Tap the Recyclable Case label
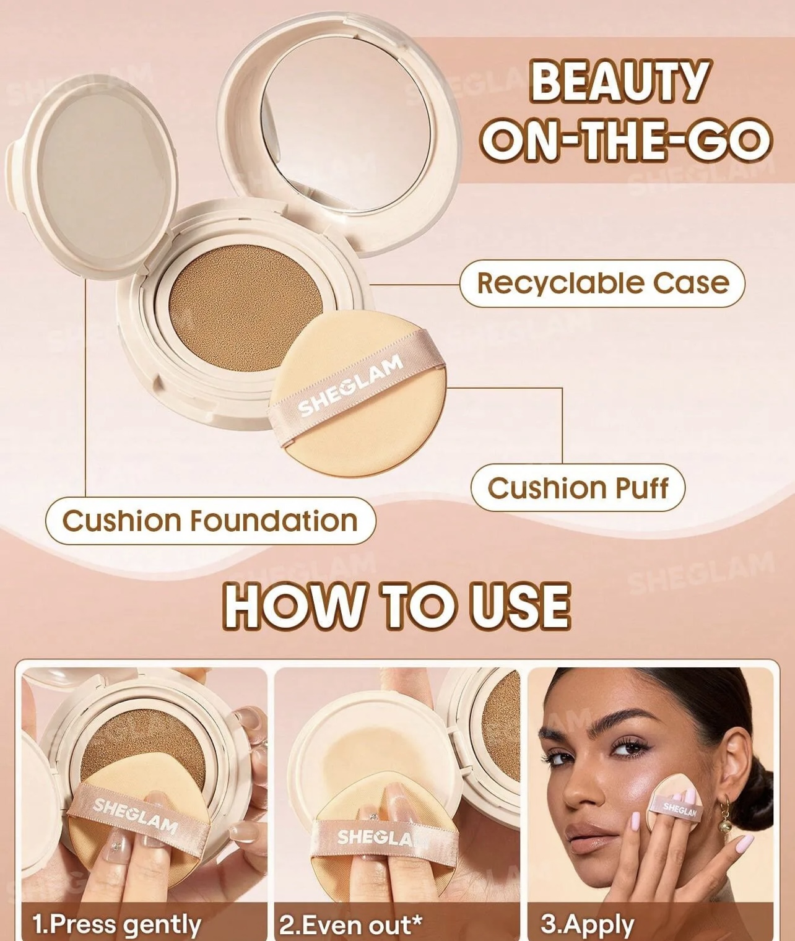[602, 284]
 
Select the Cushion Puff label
[578, 488]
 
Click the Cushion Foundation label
[211, 521]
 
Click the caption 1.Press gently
[116, 924]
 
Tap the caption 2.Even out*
[350, 924]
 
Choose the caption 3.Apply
[587, 924]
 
